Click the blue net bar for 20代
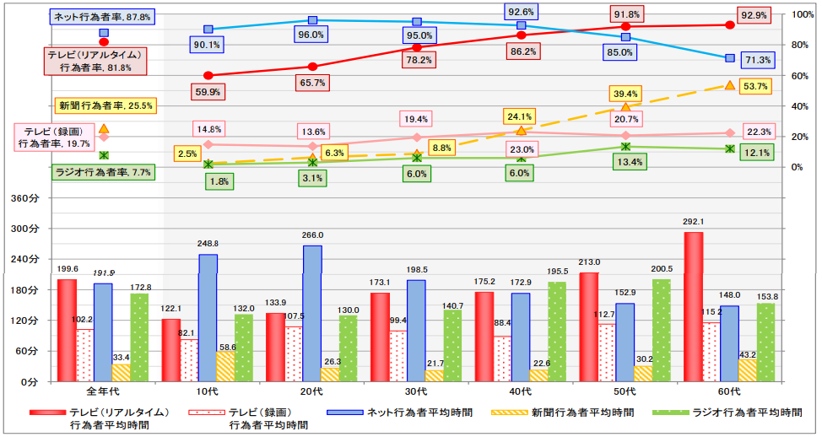(312, 313)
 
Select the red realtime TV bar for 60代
(694, 307)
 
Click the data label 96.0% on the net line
(311, 35)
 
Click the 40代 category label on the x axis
(521, 392)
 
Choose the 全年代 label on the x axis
(104, 392)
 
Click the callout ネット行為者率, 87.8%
(102, 16)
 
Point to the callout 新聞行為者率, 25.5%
(105, 105)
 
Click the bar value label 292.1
(693, 223)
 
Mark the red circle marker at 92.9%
(730, 25)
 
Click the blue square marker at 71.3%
(730, 57)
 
